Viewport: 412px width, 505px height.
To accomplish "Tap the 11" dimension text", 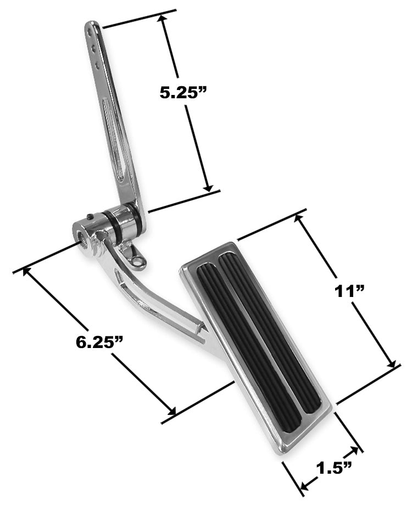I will click(x=350, y=291).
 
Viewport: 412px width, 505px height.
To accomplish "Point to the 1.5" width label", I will click(x=334, y=468).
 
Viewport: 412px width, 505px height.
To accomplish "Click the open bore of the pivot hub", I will click(x=83, y=237).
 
